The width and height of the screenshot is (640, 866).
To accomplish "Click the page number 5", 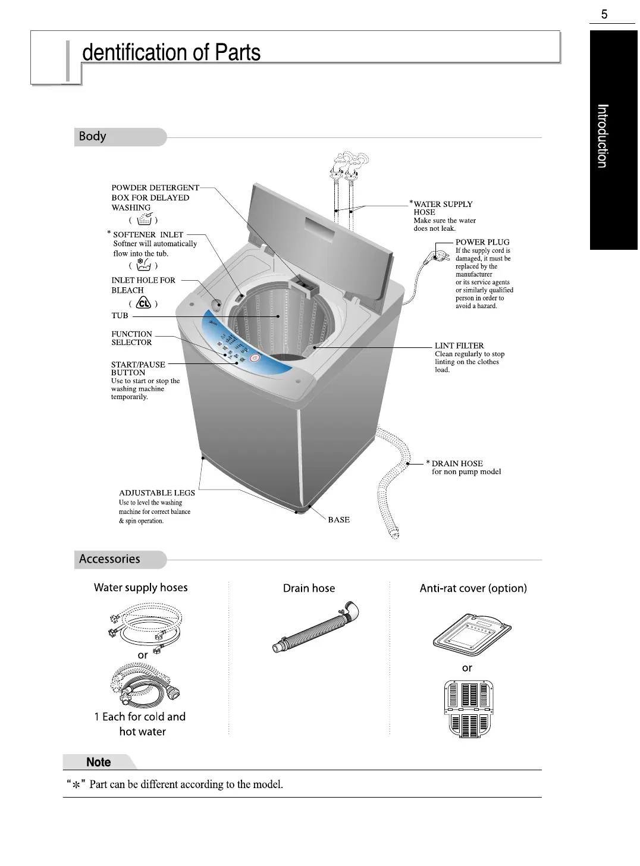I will (604, 14).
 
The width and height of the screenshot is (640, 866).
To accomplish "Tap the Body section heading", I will (93, 136).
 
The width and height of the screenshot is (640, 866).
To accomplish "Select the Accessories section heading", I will (109, 559).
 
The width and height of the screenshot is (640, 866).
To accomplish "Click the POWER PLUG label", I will (482, 242).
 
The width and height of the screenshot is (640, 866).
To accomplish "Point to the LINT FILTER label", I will (459, 346).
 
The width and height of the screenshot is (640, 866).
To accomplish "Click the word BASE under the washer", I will (339, 520).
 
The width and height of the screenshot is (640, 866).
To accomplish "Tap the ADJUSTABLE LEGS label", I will (157, 492).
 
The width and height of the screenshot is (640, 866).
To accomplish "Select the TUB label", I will (120, 316).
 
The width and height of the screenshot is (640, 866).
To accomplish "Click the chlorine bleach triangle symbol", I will (143, 303).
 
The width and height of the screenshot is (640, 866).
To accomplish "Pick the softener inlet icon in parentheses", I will (143, 265).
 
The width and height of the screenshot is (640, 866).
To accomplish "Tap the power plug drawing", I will (439, 257).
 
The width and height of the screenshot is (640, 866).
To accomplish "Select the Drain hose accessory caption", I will (309, 588).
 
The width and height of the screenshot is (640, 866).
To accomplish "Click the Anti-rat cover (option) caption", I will (473, 588).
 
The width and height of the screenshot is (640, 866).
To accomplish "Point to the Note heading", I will (99, 762).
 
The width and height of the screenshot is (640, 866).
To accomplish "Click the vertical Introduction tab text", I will (603, 136).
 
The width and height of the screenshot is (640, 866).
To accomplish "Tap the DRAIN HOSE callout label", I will (457, 463).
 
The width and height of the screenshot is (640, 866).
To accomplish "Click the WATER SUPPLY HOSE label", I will (443, 204).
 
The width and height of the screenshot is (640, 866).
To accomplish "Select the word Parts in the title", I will (237, 52).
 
